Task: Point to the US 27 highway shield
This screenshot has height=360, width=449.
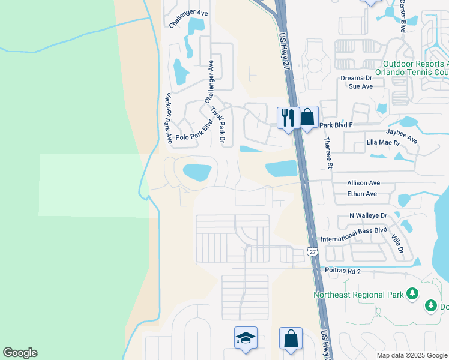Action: [312, 252]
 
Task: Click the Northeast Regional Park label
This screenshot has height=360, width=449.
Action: [358, 294]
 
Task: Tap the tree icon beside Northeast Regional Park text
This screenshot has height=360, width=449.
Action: [412, 293]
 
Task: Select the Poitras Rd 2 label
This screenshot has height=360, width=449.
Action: [342, 271]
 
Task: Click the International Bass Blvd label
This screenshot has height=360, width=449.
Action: [354, 238]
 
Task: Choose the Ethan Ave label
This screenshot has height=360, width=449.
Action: [362, 194]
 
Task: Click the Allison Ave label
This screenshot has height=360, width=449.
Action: [364, 183]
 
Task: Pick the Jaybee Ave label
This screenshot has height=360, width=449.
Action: [402, 135]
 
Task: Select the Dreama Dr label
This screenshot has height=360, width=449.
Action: [357, 78]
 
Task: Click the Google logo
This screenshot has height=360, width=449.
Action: [20, 353]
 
